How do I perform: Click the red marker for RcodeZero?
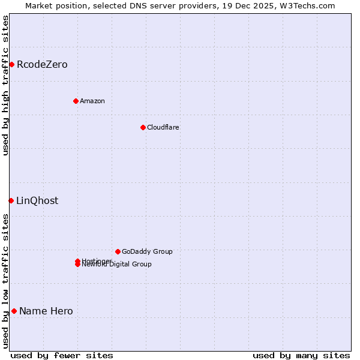click(x=11, y=64)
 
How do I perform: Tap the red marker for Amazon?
click(x=76, y=101)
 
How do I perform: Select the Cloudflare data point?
click(x=143, y=127)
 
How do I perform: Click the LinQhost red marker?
click(x=11, y=200)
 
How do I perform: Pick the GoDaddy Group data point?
click(x=118, y=251)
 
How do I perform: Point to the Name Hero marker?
click(x=14, y=311)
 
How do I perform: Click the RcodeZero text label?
click(x=42, y=64)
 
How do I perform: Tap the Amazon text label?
click(x=92, y=101)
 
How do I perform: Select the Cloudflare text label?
click(x=163, y=127)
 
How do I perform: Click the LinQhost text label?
click(x=37, y=200)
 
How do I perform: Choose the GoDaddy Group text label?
click(x=147, y=251)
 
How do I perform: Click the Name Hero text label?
click(x=46, y=311)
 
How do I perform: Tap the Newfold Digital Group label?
click(x=117, y=265)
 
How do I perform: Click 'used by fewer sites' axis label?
click(x=62, y=355)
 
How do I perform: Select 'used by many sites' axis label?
click(x=301, y=355)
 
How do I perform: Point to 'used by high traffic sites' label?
click(x=5, y=85)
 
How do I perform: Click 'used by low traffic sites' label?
click(x=5, y=281)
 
